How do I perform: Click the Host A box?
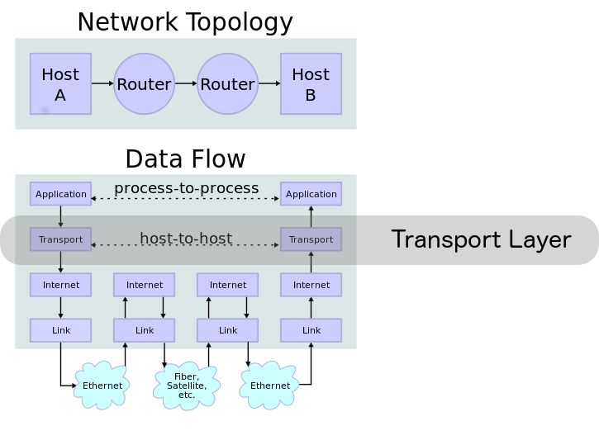pos(60,83)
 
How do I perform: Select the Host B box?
pos(311,83)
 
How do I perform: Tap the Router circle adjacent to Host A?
pos(144,83)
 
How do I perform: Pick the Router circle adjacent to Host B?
pos(227,83)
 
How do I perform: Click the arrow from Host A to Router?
pos(102,83)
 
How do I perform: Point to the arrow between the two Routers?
pos(186,83)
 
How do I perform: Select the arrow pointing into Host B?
pos(269,83)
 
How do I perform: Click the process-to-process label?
pos(186,188)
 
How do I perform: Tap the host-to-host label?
pos(186,239)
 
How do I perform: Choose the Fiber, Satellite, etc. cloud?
pos(187,386)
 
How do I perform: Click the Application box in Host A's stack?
pos(60,194)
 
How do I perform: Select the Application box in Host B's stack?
pos(311,194)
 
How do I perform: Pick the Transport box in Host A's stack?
pos(60,239)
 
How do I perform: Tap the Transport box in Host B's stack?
pos(311,239)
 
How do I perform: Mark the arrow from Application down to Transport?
pos(60,216)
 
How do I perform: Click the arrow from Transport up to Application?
pos(311,216)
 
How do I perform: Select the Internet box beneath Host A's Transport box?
pos(60,285)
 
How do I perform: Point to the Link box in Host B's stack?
pos(311,330)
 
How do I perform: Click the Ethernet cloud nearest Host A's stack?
pos(102,386)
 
